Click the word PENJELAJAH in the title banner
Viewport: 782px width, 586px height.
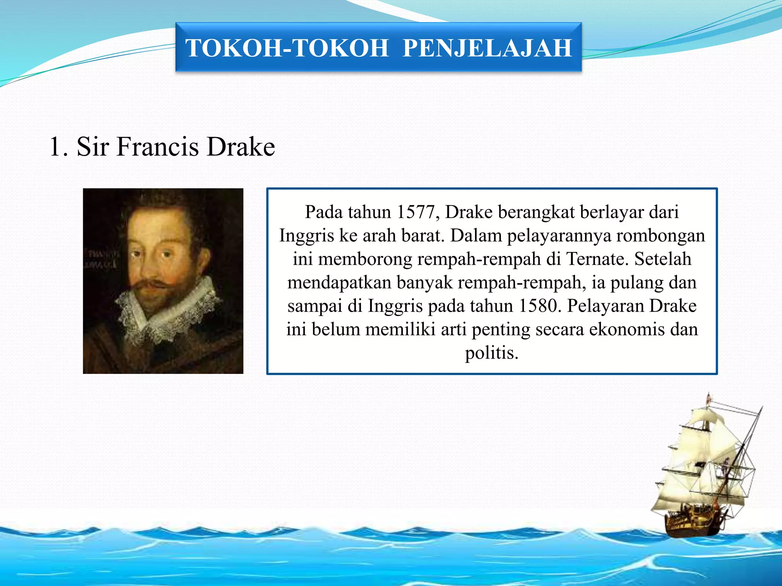click(487, 48)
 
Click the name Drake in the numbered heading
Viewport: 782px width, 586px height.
click(241, 147)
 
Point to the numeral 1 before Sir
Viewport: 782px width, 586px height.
click(55, 147)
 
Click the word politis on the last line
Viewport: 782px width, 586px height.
click(491, 353)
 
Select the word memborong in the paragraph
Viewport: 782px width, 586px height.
click(365, 259)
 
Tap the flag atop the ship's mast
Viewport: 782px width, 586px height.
click(709, 399)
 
